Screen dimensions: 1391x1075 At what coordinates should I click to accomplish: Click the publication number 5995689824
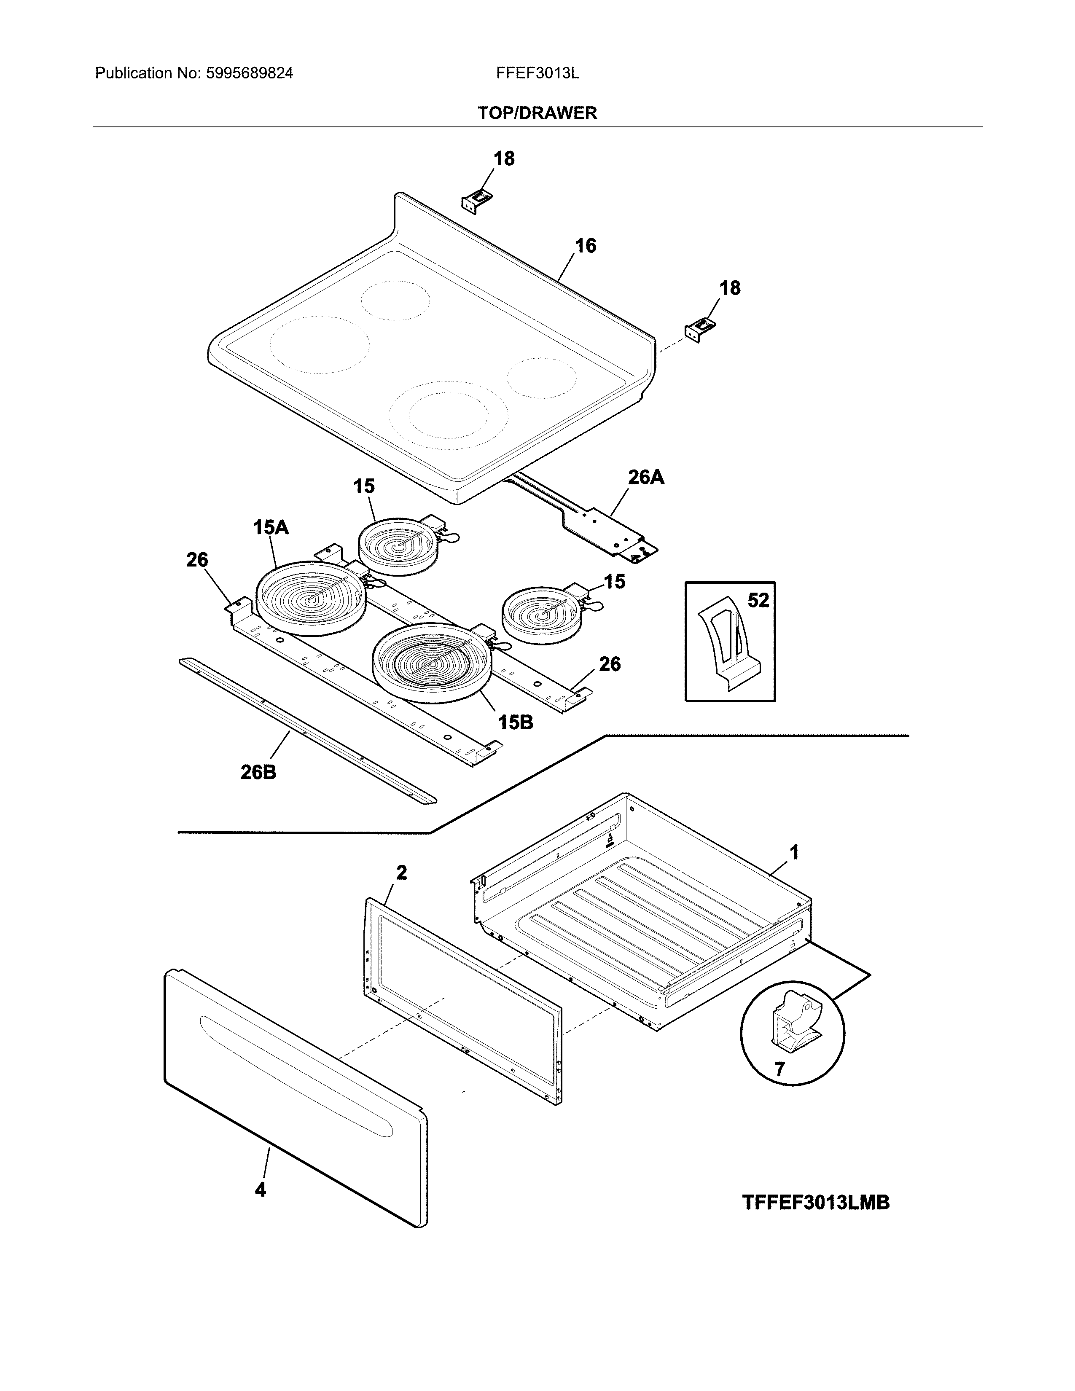249,73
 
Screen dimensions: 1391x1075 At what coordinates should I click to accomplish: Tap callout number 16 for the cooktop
585,245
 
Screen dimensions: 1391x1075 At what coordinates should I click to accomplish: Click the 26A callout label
646,477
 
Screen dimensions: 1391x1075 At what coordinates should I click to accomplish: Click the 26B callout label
258,773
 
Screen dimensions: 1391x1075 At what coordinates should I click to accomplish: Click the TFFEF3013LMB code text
815,1203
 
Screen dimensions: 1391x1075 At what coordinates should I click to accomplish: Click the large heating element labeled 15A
311,597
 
